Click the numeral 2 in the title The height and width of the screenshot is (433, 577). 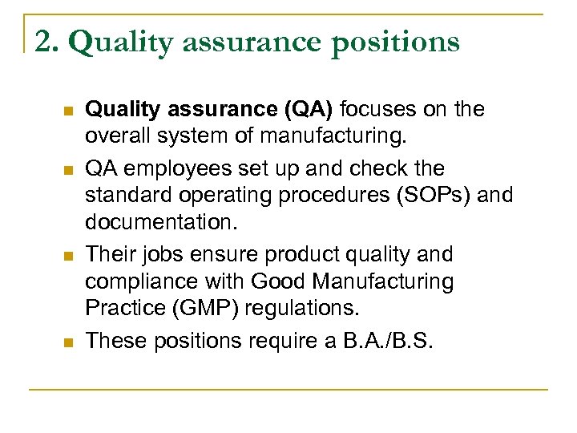(x=42, y=41)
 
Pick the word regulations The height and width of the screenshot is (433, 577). (x=302, y=308)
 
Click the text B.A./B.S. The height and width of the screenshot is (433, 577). (x=388, y=341)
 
